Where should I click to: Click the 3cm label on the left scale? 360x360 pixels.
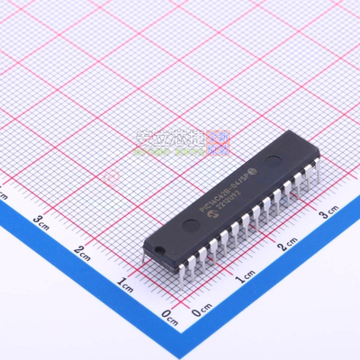[x=41, y=219]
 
